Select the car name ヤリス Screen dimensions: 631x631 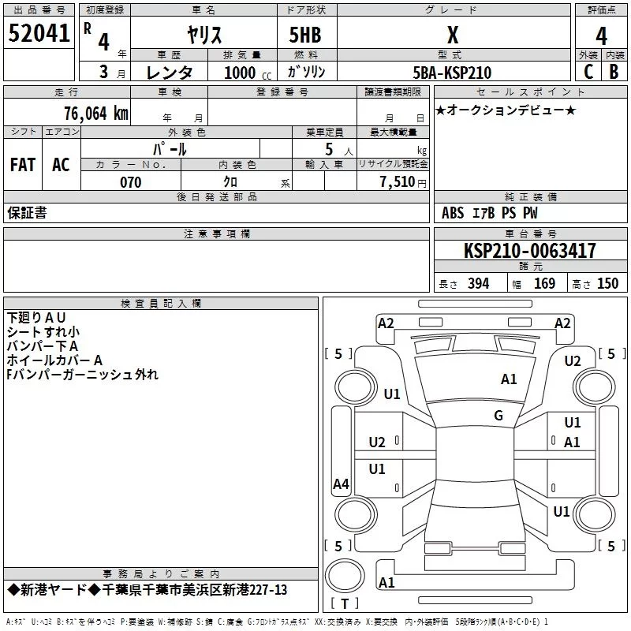[203, 35]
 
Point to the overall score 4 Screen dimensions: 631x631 [601, 35]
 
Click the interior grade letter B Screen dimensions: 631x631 [614, 72]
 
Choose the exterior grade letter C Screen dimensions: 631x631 [588, 72]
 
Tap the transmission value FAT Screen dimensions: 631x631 [23, 164]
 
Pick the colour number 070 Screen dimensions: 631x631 [130, 182]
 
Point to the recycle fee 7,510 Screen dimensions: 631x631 [398, 182]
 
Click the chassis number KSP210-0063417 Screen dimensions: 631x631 [529, 251]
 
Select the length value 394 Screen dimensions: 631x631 [478, 284]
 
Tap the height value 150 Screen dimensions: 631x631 [607, 284]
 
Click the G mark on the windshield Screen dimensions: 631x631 [498, 416]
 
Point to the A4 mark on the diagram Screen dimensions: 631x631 [341, 484]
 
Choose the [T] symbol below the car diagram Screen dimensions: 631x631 [344, 604]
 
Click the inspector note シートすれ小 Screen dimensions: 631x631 [43, 331]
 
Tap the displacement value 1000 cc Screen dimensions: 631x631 [246, 73]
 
